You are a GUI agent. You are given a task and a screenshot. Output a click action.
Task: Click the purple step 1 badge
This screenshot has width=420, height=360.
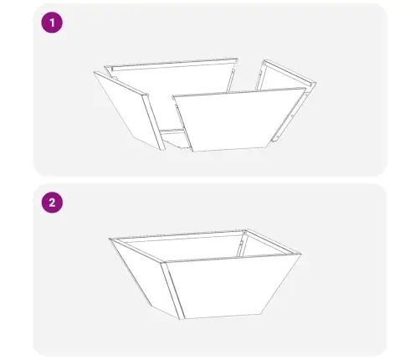pos(53,23)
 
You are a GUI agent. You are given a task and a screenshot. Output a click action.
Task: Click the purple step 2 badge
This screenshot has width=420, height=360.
pos(53,203)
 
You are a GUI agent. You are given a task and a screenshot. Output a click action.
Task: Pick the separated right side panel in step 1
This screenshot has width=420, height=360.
pos(289,100)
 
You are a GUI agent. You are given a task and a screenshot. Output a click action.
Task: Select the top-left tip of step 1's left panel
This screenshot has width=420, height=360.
pos(95,73)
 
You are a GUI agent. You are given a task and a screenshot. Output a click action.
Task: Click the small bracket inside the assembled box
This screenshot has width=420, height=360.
pos(240,244)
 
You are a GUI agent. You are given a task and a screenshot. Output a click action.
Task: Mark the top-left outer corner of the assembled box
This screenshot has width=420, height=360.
pos(110,240)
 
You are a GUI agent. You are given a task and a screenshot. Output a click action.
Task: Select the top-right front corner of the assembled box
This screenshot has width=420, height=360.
pos(302,253)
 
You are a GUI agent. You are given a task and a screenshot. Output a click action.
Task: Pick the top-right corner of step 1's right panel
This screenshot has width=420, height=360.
pos(315,82)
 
